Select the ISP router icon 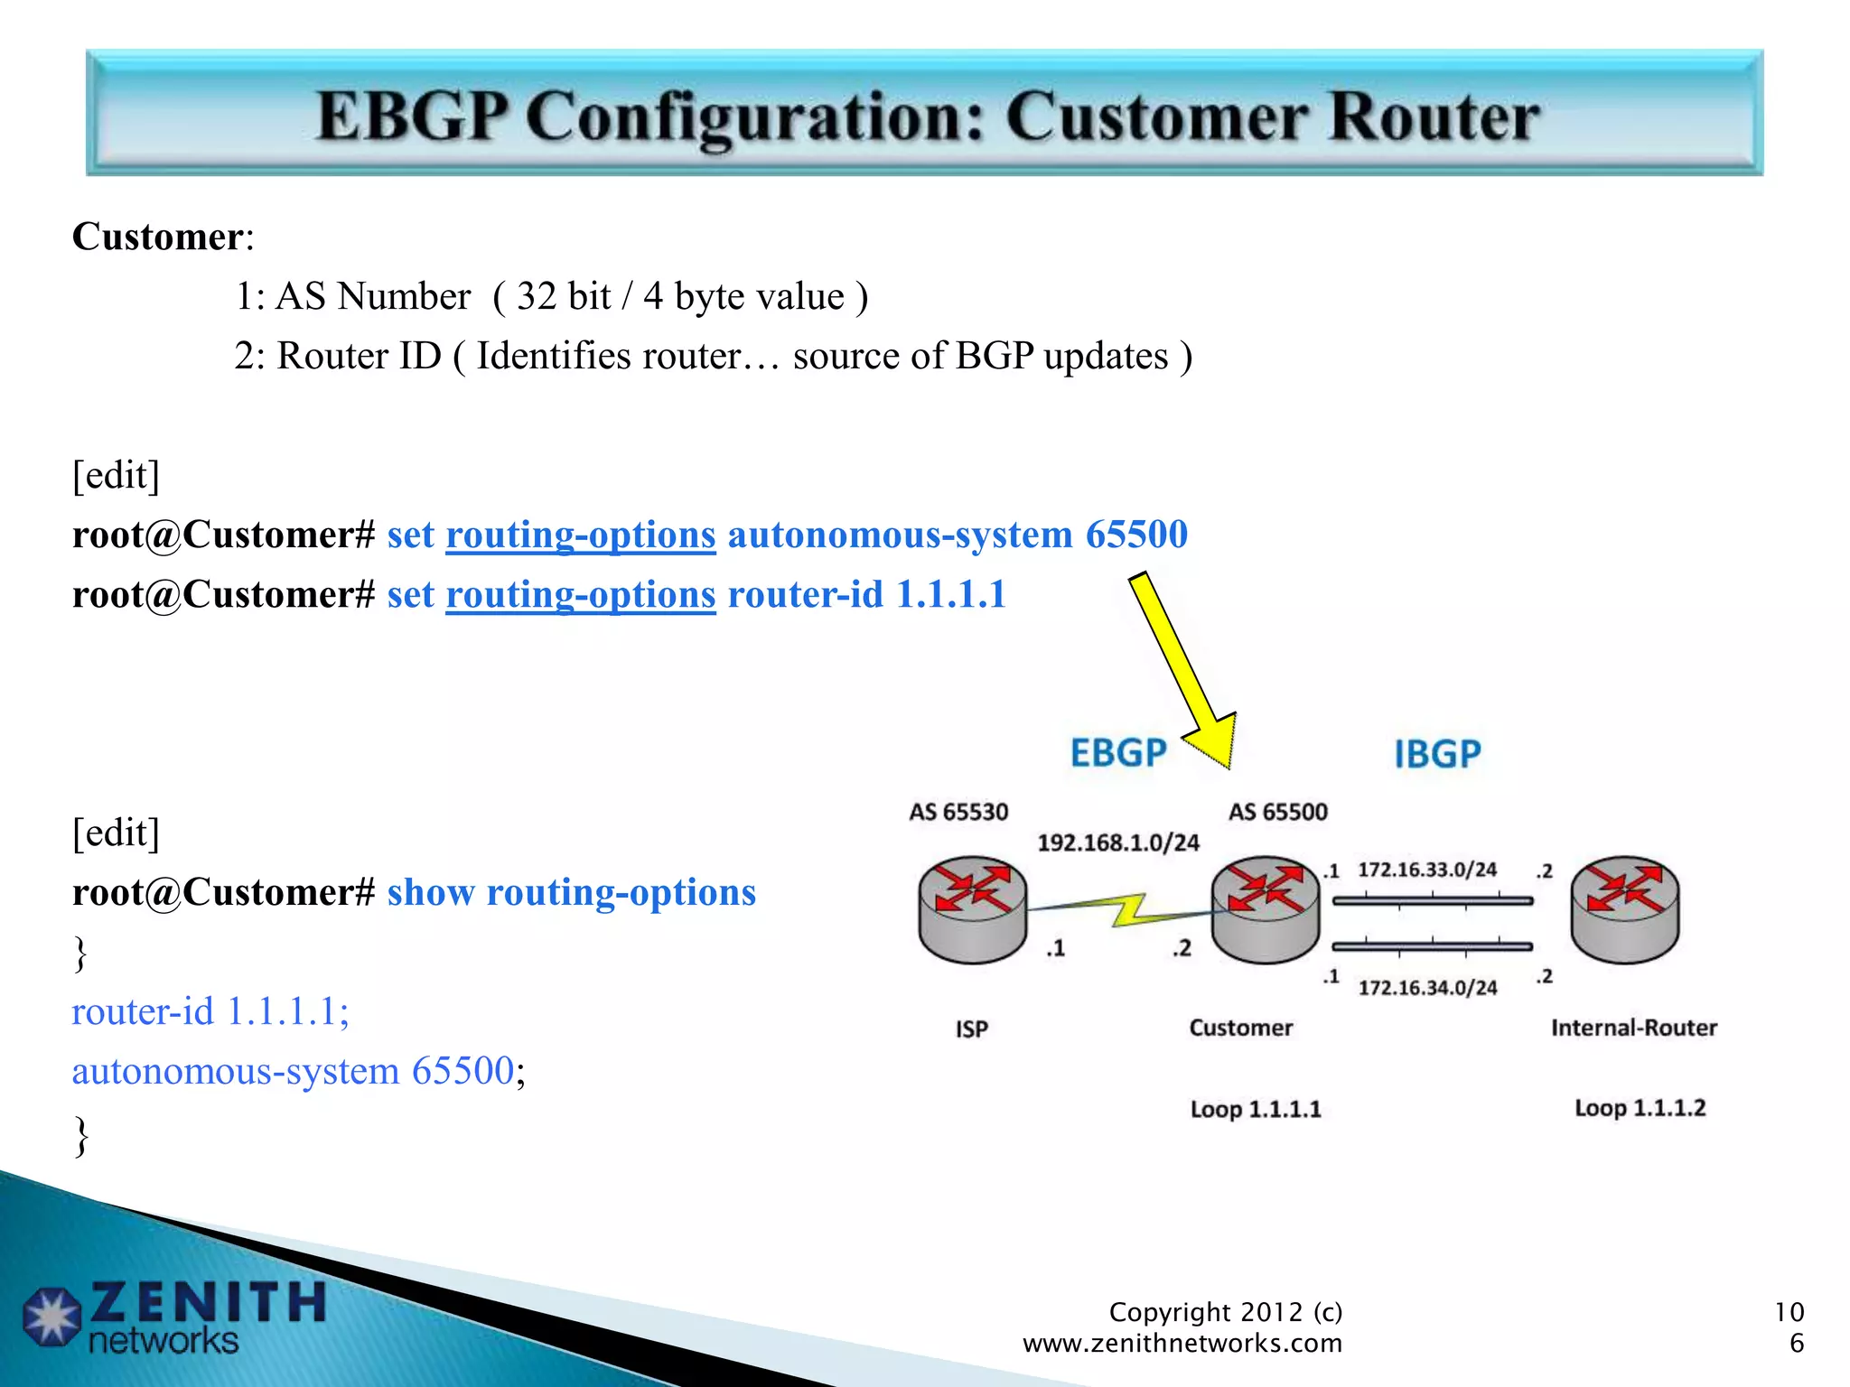pyautogui.click(x=972, y=909)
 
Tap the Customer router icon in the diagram pyautogui.click(x=1265, y=909)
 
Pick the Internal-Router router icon pyautogui.click(x=1624, y=909)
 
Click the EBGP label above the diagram pyautogui.click(x=1118, y=753)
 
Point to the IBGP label pyautogui.click(x=1437, y=754)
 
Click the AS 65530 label pyautogui.click(x=958, y=812)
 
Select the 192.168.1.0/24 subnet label pyautogui.click(x=1118, y=842)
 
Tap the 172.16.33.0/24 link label pyautogui.click(x=1427, y=870)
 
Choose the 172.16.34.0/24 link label pyautogui.click(x=1427, y=988)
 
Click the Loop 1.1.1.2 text pyautogui.click(x=1640, y=1108)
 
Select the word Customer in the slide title pyautogui.click(x=1156, y=117)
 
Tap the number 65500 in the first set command pyautogui.click(x=1136, y=535)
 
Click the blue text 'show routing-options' pyautogui.click(x=571, y=892)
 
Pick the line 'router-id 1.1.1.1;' pyautogui.click(x=210, y=1011)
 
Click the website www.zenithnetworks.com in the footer pyautogui.click(x=1182, y=1343)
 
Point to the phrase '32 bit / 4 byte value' pyautogui.click(x=680, y=296)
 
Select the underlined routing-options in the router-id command pyautogui.click(x=581, y=595)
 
